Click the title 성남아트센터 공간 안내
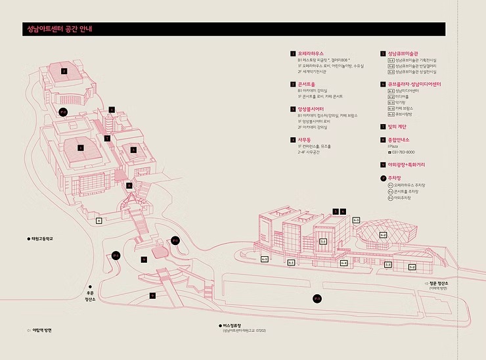59,30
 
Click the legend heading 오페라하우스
313,53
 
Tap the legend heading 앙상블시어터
312,109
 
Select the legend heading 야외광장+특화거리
409,164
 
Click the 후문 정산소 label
90,296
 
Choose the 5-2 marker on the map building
412,267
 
